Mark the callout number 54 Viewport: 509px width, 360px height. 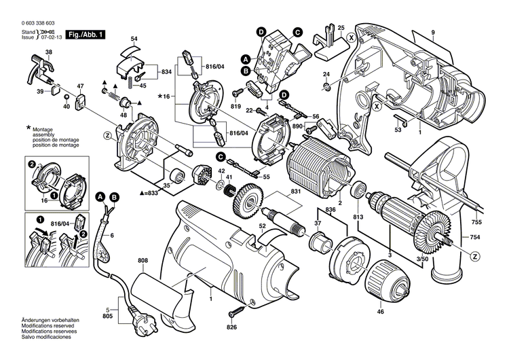[x=134, y=38]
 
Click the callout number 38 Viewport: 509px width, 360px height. [x=48, y=52]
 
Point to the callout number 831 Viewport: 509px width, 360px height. [x=294, y=192]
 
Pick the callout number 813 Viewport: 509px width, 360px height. [x=359, y=217]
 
